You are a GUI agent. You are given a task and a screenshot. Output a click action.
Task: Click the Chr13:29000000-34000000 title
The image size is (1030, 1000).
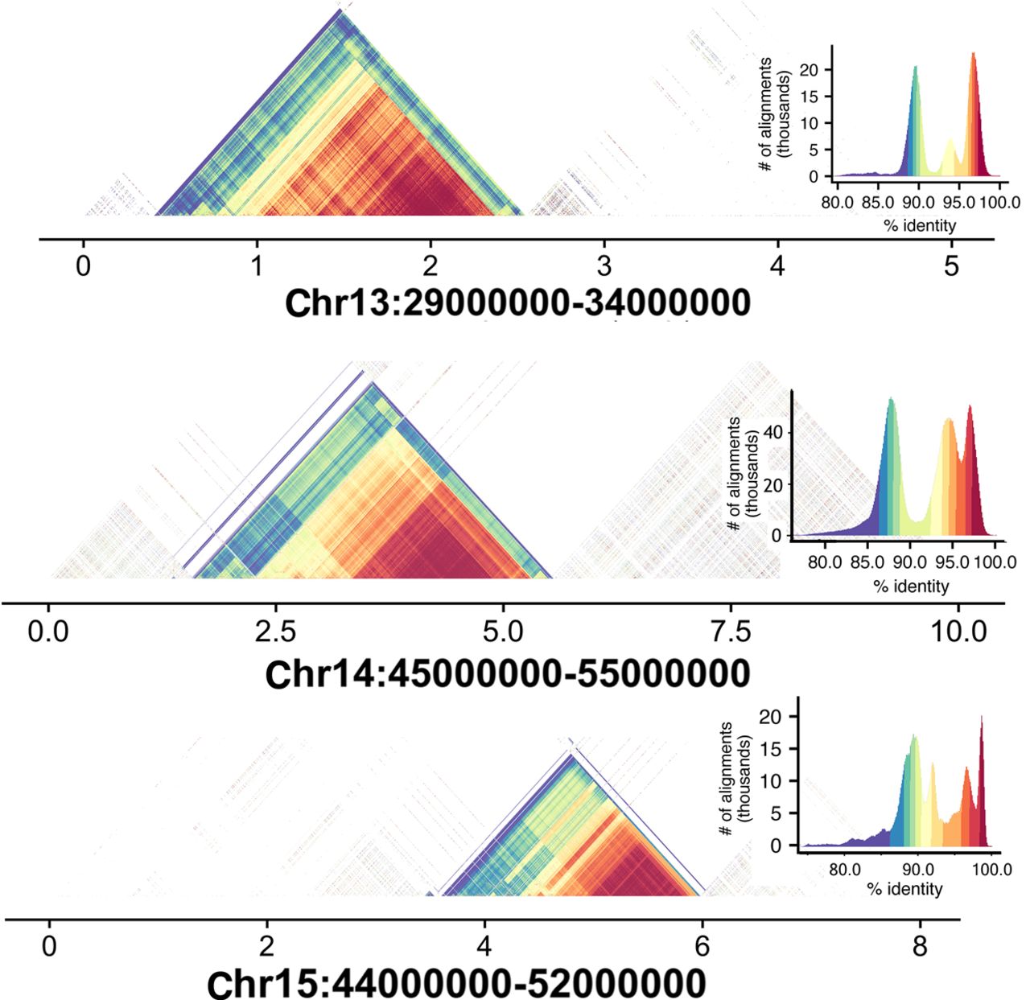click(517, 303)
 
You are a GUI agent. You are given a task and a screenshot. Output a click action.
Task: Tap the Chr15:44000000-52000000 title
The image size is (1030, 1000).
click(456, 982)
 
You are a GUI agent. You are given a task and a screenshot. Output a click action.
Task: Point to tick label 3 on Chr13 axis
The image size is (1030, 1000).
click(604, 265)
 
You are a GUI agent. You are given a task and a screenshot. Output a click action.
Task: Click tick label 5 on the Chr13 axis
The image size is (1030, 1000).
click(951, 265)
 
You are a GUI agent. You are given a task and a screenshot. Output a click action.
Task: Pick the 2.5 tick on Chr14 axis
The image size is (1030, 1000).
click(276, 632)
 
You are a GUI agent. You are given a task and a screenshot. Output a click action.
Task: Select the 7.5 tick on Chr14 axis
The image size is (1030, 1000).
click(731, 632)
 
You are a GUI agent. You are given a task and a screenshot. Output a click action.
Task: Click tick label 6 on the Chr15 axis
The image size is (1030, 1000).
click(702, 946)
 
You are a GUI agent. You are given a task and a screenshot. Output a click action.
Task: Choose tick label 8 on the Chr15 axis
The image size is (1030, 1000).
click(921, 946)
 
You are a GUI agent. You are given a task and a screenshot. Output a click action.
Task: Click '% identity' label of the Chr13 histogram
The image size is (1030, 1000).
click(920, 226)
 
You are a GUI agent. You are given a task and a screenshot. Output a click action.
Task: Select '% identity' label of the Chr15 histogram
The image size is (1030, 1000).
click(904, 889)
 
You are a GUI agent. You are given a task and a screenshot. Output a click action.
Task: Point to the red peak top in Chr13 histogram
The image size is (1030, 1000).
click(973, 54)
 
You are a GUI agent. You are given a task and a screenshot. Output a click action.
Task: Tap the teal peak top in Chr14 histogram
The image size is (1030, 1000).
click(890, 399)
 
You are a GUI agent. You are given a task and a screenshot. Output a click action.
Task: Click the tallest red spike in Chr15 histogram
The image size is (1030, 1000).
click(982, 717)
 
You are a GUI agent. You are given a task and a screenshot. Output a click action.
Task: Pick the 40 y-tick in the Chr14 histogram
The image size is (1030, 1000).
click(774, 432)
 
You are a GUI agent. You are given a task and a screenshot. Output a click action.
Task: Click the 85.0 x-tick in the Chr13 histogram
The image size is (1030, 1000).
click(878, 202)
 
